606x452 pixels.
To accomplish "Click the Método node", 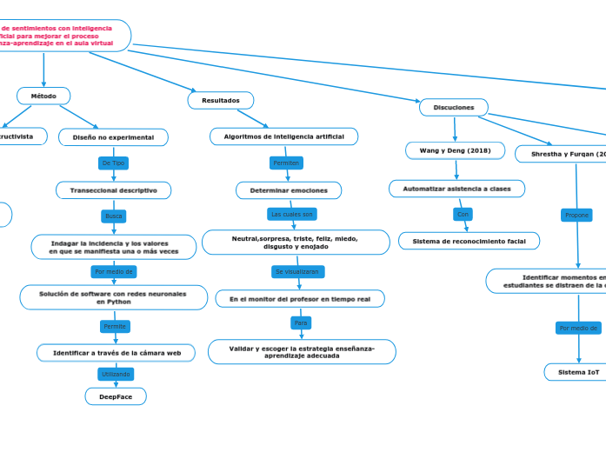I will click(43, 96).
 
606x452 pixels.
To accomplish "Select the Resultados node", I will click(221, 101).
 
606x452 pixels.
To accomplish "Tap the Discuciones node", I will click(453, 108).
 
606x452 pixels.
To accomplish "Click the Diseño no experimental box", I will click(113, 137).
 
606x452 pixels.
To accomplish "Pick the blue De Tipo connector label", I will click(114, 163).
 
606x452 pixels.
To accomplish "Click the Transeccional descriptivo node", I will click(114, 190).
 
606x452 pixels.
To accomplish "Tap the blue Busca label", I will click(114, 216).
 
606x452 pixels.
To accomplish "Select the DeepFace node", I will click(116, 396).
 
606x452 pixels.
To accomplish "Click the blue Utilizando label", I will click(116, 374).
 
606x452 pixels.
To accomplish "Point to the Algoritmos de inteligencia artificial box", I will click(283, 136).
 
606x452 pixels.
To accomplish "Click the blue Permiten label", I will click(286, 163).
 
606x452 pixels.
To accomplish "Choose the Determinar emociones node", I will click(289, 190).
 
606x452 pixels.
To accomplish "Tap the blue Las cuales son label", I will click(291, 214).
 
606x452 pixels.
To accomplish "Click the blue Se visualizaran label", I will click(298, 271).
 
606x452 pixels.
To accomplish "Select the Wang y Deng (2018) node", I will click(455, 150).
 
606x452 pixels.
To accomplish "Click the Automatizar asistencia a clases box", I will click(456, 189).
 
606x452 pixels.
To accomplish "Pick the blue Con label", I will click(463, 214).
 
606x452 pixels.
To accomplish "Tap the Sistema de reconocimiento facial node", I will click(469, 241).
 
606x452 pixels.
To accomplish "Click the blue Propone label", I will click(577, 215).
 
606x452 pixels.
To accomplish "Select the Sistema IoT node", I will click(578, 372).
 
